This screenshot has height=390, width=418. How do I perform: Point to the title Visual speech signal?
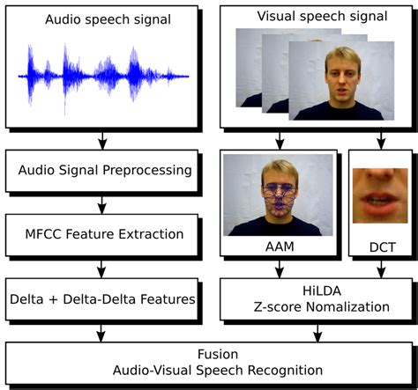click(315, 15)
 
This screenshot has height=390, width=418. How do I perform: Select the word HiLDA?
click(315, 291)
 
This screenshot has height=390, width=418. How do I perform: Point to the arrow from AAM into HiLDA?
click(280, 269)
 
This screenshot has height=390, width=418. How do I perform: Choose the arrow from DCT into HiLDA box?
click(379, 269)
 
